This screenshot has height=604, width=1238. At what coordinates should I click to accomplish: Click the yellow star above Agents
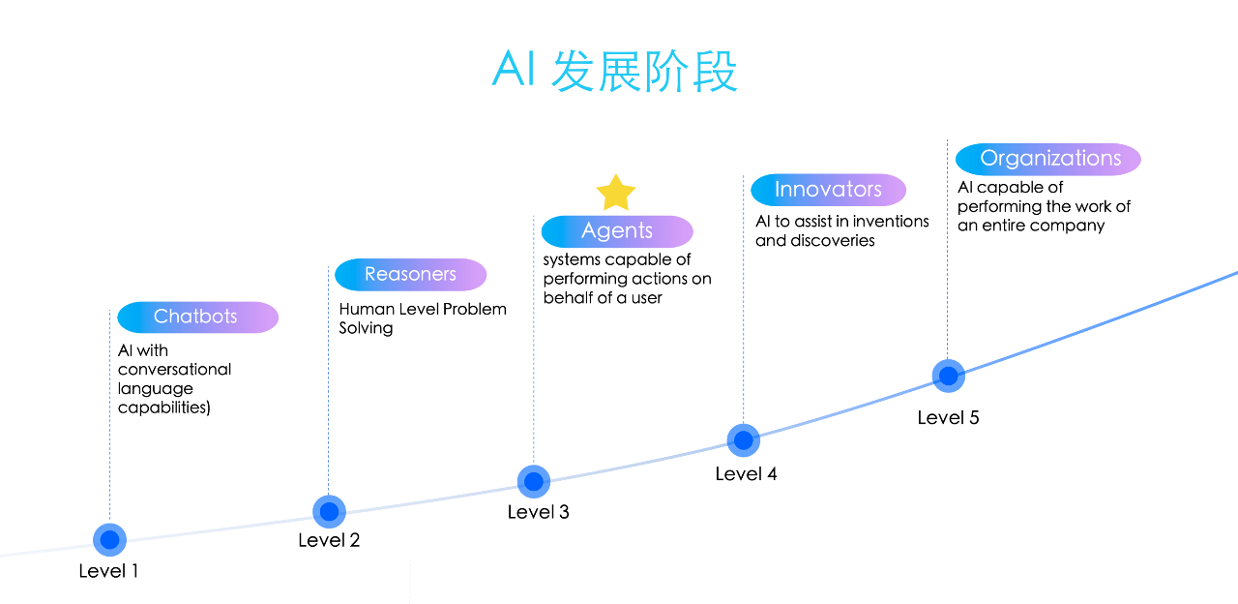615,193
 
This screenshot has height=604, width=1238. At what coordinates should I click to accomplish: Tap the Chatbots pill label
197,317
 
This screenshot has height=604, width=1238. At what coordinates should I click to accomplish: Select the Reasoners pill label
410,274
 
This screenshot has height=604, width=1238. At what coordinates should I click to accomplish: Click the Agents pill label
617,231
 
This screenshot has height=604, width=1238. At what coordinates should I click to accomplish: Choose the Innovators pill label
828,190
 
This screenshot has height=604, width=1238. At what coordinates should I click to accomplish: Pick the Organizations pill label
1048,159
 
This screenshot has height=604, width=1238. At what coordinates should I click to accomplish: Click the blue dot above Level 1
109,539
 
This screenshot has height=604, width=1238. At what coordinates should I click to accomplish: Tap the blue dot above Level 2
329,511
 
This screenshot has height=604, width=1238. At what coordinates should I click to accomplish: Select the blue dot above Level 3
534,481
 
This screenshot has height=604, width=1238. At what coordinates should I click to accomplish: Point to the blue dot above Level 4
743,440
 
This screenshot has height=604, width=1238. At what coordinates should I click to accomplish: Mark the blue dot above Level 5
948,376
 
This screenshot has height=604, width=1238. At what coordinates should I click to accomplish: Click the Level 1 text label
108,571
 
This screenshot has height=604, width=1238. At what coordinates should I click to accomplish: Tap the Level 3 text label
539,512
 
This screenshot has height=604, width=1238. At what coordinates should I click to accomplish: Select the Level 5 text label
948,417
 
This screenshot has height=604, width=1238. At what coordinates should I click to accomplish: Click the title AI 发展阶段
615,71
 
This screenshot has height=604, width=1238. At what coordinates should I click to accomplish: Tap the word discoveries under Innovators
833,240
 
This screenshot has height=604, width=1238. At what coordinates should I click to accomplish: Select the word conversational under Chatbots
175,369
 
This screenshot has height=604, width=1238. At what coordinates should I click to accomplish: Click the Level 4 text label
746,473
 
